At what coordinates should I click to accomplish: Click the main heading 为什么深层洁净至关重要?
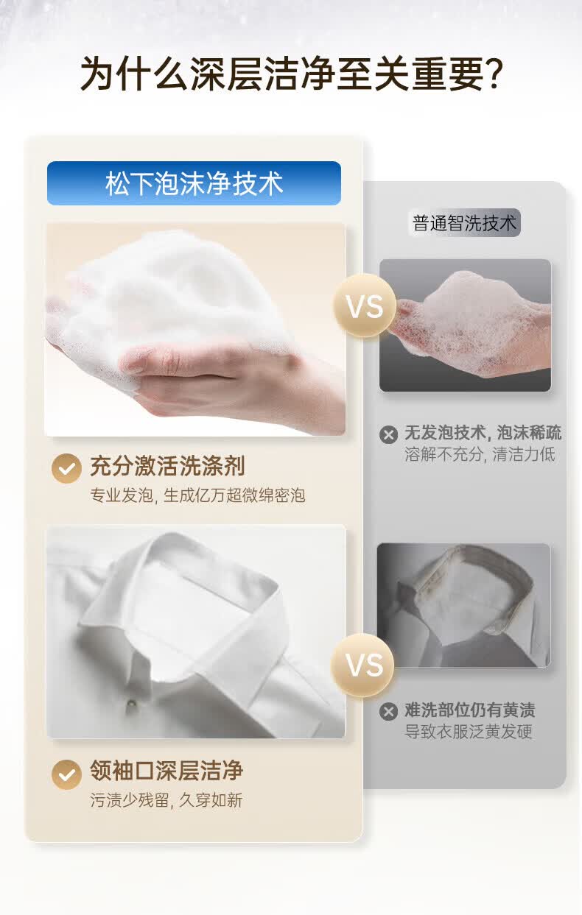coord(291,74)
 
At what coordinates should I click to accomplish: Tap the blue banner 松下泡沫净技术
coord(194,183)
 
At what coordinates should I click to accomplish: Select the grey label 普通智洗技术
coord(465,223)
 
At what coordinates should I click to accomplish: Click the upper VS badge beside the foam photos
coord(365,305)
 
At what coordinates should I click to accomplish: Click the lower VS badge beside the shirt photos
coord(362,665)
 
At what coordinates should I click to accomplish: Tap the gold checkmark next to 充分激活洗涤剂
coord(66,468)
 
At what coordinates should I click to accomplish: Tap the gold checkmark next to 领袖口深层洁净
coord(66,774)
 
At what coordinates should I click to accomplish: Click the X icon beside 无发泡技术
coord(388,434)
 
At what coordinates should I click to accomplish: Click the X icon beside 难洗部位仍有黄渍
coord(388,712)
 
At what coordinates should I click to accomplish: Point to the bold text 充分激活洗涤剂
coord(167,466)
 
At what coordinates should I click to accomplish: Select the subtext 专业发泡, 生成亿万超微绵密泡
coord(197,495)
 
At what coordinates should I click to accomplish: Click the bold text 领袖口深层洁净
coord(166,771)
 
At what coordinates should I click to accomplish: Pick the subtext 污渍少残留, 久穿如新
coord(166,800)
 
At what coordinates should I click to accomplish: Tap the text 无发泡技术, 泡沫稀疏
coord(483,433)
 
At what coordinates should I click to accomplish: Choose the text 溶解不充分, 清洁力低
coord(480,454)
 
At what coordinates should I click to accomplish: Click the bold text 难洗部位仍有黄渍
coord(469,710)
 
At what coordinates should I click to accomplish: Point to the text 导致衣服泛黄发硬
coord(468,732)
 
